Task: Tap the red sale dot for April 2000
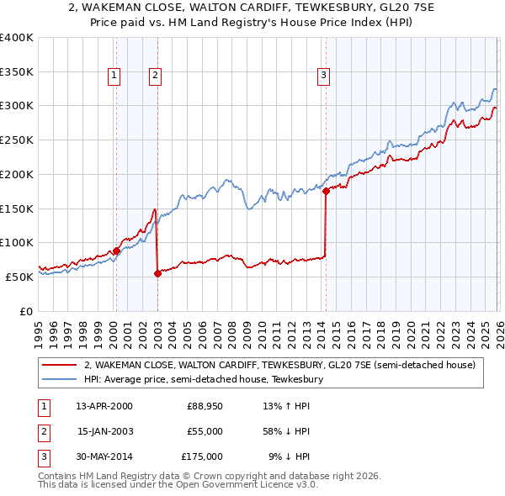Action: click(x=116, y=251)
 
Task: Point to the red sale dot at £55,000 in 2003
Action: click(x=157, y=273)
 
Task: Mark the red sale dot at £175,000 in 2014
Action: click(x=326, y=192)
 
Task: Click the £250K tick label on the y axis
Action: click(x=17, y=140)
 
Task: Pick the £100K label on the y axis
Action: click(x=17, y=242)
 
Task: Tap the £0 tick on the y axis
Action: click(x=25, y=311)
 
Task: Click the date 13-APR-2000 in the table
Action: click(x=104, y=406)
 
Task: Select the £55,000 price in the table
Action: click(x=205, y=431)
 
